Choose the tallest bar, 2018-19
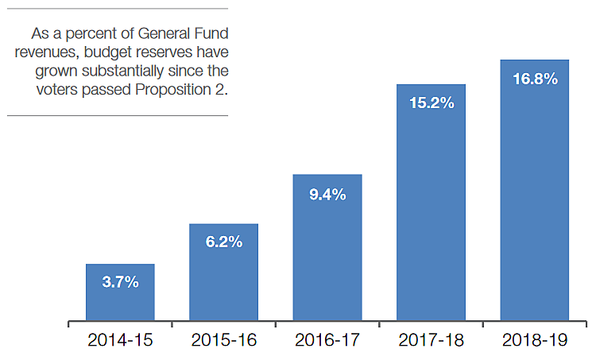tap(534, 207)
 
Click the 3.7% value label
tap(120, 281)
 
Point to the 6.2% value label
tap(223, 242)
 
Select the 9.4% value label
tap(327, 193)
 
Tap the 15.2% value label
tap(431, 103)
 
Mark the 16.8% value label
tap(534, 79)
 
